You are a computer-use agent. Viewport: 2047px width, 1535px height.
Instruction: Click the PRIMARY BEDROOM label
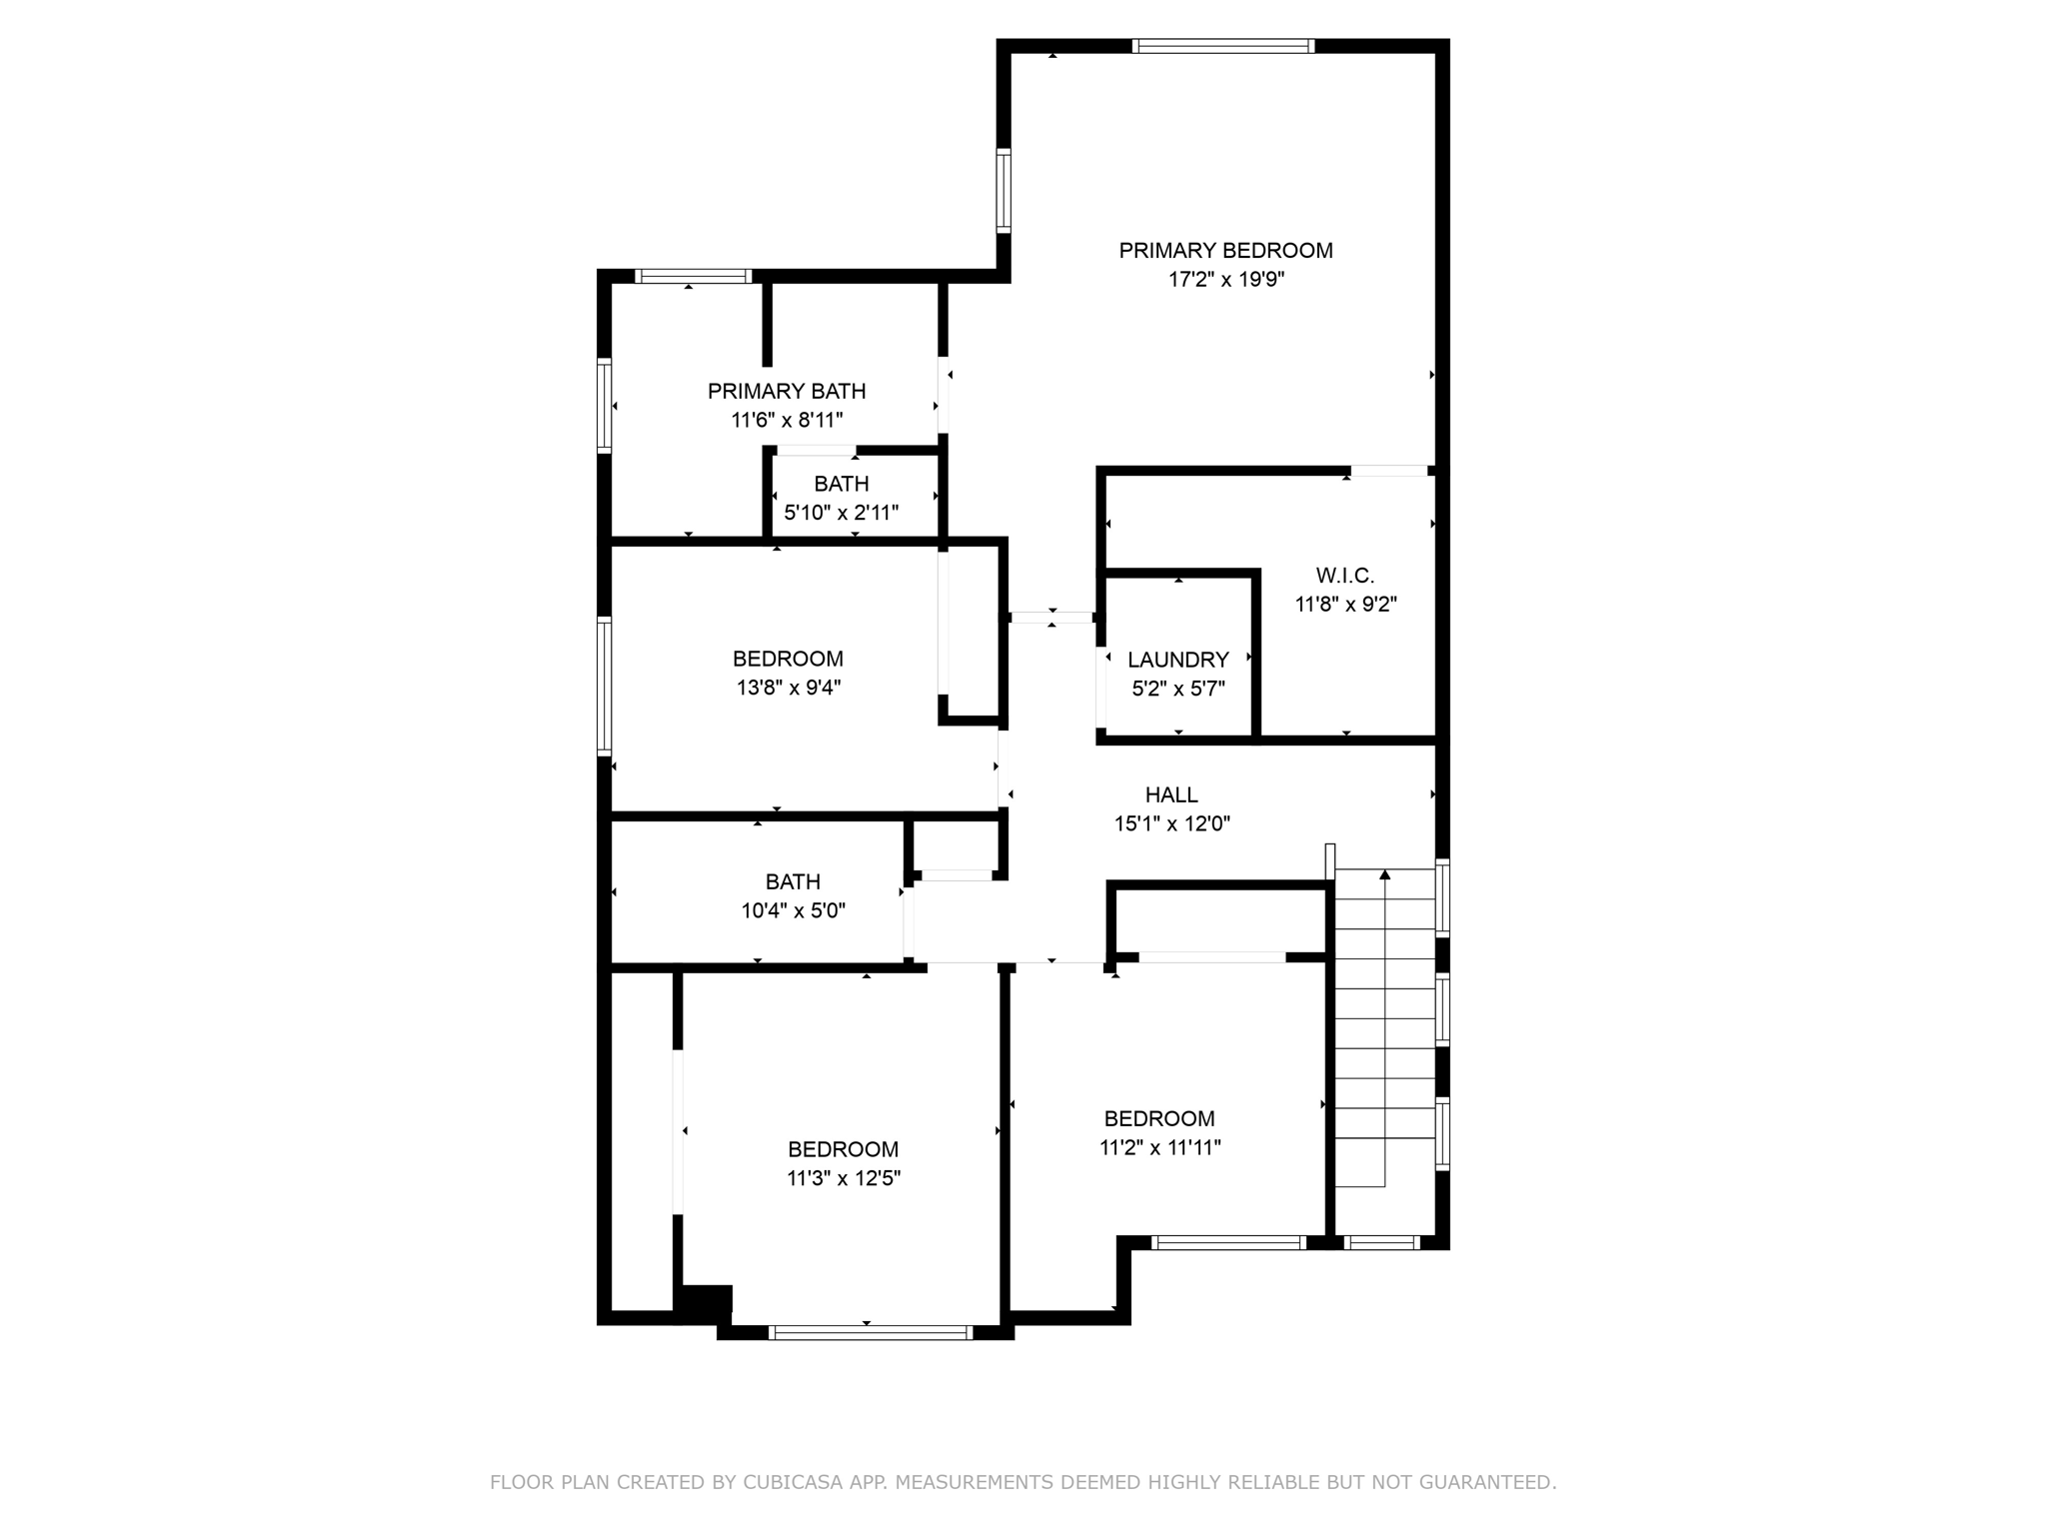pos(1225,251)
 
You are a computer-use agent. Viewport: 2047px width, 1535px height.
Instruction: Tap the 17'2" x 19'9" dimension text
pos(1225,280)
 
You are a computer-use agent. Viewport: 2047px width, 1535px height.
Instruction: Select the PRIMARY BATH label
pos(787,392)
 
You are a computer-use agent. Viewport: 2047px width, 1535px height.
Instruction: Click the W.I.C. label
pos(1344,576)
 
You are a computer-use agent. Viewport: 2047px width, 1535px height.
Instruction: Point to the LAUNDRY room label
pos(1177,660)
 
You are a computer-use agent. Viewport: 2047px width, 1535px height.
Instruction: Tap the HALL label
pos(1171,795)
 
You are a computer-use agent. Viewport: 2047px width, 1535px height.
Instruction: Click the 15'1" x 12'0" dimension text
pos(1171,824)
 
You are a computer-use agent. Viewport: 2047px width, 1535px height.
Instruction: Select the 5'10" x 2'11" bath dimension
pos(841,514)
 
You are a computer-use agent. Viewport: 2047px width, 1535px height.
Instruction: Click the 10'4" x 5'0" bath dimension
pos(793,911)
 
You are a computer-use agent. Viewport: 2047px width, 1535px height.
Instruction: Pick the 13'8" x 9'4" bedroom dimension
pos(789,688)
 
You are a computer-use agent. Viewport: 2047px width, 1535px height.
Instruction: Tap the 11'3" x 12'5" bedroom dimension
pos(843,1179)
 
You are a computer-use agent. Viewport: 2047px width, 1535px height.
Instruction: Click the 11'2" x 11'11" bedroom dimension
pos(1159,1148)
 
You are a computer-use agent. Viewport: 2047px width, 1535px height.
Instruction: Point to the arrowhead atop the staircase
pos(1384,875)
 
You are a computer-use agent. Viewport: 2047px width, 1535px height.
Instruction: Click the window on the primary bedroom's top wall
pos(1222,46)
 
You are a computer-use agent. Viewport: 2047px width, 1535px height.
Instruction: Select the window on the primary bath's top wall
pos(693,277)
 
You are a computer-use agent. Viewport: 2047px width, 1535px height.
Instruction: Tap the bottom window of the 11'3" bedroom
pos(870,1332)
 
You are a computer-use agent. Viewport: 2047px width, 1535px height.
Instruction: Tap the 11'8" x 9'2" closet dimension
pos(1345,605)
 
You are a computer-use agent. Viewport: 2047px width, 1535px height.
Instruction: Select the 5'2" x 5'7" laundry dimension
pos(1177,689)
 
